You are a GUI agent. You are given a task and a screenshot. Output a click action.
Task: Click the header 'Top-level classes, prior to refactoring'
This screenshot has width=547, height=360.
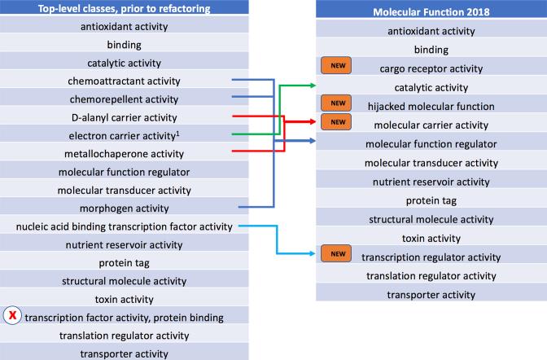(124, 10)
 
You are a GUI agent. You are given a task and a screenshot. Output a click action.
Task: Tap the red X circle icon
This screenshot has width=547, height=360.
(14, 316)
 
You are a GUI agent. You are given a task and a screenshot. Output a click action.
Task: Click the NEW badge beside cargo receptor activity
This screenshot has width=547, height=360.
(335, 68)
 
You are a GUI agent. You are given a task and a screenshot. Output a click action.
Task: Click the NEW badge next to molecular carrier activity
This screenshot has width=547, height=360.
(335, 123)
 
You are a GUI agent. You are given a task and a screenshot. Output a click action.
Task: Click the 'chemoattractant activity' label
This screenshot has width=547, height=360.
(125, 81)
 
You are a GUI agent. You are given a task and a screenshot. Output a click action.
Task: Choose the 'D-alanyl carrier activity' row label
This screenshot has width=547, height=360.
(125, 117)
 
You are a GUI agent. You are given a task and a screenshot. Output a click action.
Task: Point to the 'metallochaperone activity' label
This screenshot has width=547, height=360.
(125, 154)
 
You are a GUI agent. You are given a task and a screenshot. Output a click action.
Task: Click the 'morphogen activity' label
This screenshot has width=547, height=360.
(125, 208)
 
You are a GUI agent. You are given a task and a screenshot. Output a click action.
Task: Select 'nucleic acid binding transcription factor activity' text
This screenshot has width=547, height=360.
(125, 226)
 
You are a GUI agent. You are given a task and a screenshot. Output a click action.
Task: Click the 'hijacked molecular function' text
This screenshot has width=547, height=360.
(431, 106)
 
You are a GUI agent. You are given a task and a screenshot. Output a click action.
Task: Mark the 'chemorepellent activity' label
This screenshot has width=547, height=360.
(125, 99)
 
